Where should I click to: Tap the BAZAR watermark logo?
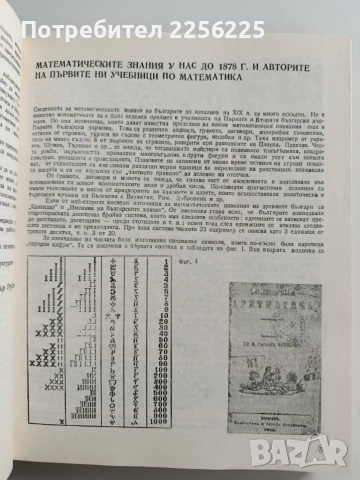click(x=321, y=459)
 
